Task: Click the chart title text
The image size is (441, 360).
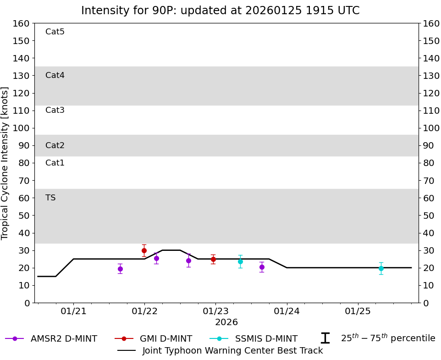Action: (x=220, y=11)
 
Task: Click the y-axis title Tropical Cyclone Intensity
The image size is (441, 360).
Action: (x=6, y=163)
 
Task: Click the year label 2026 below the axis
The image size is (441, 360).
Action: (x=226, y=322)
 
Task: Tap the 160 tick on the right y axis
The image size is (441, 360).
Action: (x=431, y=23)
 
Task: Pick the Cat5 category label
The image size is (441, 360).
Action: (x=55, y=32)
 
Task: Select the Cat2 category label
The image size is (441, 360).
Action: (x=55, y=145)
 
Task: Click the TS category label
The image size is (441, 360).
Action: (x=50, y=198)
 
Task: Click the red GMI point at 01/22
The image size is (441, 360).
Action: (x=144, y=250)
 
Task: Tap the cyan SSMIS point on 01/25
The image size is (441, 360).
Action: (x=381, y=268)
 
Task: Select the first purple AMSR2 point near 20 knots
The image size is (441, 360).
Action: (x=120, y=269)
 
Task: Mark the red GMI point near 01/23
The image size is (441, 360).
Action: (x=213, y=259)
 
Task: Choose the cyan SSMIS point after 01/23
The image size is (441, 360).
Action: (x=240, y=261)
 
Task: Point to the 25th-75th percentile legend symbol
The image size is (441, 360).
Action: (x=325, y=338)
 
